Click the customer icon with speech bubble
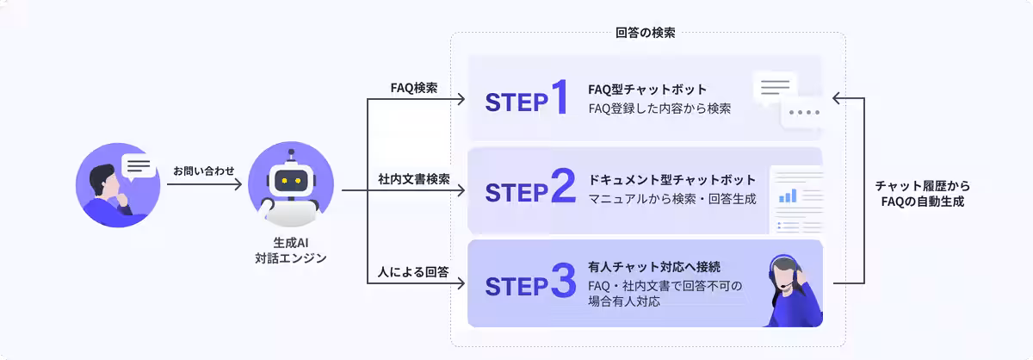[118, 186]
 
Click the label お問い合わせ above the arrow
[203, 171]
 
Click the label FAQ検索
[414, 88]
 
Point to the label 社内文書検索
[414, 179]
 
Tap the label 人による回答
[414, 271]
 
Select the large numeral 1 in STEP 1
[560, 99]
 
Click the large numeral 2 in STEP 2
[562, 191]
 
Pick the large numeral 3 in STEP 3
[562, 284]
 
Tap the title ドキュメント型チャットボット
[671, 180]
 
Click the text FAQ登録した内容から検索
[660, 109]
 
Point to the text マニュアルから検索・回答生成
[671, 200]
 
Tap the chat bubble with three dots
[803, 114]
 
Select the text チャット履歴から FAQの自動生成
[921, 194]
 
